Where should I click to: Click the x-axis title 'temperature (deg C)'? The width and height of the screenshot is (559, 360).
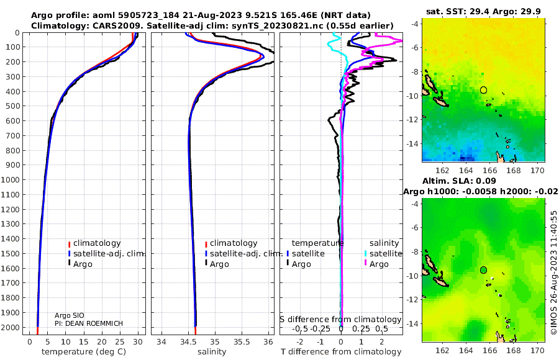point(84,352)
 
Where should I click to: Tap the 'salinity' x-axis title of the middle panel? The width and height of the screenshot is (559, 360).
point(212,352)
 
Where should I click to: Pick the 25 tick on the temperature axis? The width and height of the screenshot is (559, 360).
point(120,342)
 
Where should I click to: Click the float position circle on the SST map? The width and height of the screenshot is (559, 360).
point(483,90)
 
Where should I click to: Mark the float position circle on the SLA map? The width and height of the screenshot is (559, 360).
point(483,270)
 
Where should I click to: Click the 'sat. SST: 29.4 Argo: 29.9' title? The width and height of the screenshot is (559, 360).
point(483,12)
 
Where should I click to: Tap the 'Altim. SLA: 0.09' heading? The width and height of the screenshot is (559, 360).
point(459,181)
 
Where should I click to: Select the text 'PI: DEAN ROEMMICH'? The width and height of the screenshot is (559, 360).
point(89,323)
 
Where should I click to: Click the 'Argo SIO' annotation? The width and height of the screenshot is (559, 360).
point(70,315)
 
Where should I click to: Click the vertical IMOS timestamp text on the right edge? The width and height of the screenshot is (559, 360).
point(553,272)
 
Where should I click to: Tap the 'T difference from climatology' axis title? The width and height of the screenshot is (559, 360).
point(341,352)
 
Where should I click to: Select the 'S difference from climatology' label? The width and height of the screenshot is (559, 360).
point(340,320)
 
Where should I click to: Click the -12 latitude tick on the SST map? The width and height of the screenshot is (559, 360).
point(414,120)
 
